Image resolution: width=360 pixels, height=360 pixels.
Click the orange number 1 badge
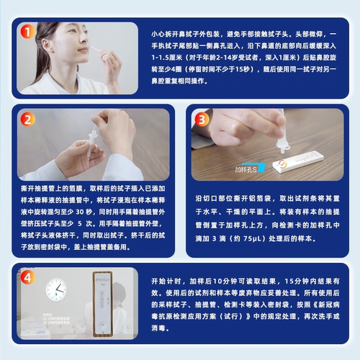[27, 32]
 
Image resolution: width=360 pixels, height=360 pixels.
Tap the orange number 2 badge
[27, 120]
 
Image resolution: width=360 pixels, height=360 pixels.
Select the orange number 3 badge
[202, 120]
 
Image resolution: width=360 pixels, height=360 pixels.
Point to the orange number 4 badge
[27, 276]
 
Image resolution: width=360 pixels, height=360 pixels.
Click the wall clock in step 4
[55, 290]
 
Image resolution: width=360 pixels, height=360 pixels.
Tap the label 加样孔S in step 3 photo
[246, 171]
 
